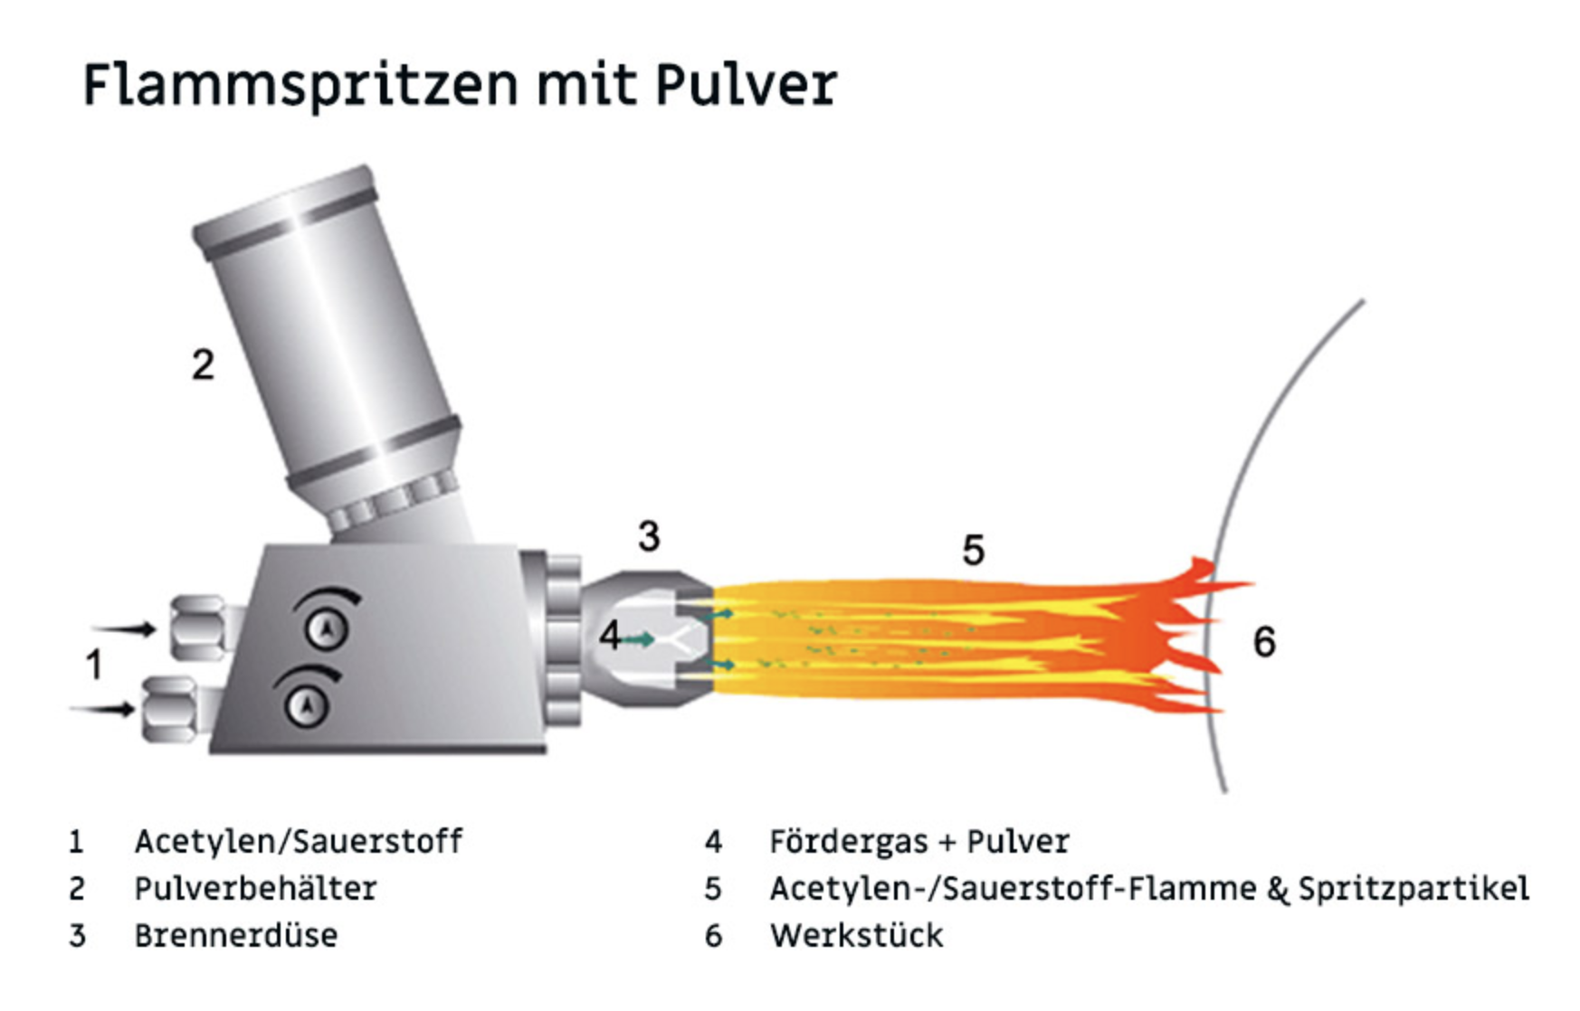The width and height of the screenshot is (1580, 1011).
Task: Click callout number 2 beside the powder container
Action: (x=203, y=364)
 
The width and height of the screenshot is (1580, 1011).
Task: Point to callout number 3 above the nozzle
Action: (x=649, y=536)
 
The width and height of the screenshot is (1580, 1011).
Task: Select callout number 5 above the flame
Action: (x=973, y=550)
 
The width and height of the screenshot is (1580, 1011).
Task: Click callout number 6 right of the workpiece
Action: (x=1264, y=642)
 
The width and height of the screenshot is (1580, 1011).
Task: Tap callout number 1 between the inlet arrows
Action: (x=93, y=666)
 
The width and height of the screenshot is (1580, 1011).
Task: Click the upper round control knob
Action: (x=327, y=628)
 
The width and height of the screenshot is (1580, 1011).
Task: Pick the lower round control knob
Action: (x=307, y=704)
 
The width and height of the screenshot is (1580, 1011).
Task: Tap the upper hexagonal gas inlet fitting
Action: (x=198, y=628)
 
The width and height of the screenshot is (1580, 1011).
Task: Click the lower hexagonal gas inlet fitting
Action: (x=169, y=709)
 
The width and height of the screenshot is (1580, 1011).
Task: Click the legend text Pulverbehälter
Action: (x=255, y=889)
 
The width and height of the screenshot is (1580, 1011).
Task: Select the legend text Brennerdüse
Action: (x=235, y=935)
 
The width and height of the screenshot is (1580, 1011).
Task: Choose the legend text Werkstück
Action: (x=856, y=935)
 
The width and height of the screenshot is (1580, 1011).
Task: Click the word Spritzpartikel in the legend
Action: (x=1413, y=889)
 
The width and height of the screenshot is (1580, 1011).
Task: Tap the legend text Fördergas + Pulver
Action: (x=919, y=842)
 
